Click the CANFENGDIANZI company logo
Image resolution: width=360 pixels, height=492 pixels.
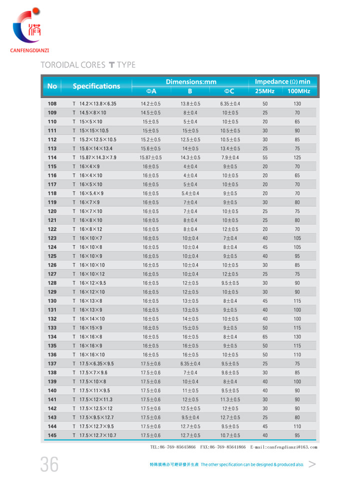pos(29,30)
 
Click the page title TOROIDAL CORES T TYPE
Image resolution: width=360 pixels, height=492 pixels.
pos(87,65)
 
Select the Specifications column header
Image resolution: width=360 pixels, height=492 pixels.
pos(96,86)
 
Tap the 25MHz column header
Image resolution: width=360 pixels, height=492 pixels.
pos(264,91)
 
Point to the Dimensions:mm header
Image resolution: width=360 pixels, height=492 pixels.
pos(191,81)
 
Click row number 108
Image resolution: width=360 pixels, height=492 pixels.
pos(52,104)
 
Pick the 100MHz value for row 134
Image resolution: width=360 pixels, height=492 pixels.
pos(297,337)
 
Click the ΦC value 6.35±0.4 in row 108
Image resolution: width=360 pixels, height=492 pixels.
pos(230,104)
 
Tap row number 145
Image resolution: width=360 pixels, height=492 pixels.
pos(52,435)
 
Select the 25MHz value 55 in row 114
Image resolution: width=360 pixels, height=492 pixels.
pos(265,158)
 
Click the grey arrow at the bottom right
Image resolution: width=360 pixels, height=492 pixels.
pos(312,464)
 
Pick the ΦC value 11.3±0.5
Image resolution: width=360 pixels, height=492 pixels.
pos(230,399)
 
